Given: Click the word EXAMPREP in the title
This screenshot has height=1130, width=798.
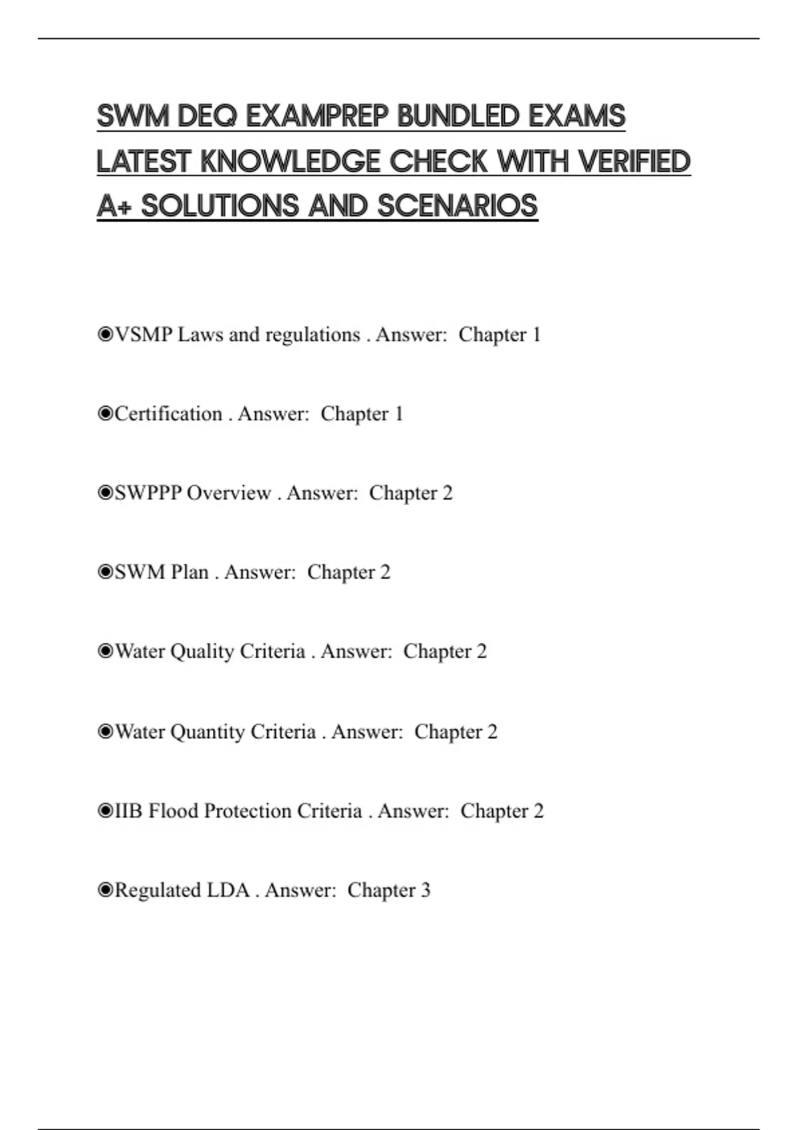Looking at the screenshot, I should point(317,116).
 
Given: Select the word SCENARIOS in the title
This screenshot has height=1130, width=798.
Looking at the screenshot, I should point(458,206).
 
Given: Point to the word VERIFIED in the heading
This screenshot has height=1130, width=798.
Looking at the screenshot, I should point(634,162).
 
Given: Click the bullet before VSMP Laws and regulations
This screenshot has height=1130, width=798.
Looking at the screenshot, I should point(106,334).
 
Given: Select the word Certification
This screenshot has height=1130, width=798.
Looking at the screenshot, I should point(168,413).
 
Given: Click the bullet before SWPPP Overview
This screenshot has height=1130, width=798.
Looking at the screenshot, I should point(106,493).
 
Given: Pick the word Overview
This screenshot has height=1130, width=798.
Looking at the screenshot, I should point(229,493).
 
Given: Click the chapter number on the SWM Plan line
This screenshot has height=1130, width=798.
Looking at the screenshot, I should point(385,572).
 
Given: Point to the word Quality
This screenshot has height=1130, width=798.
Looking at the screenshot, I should point(202,651).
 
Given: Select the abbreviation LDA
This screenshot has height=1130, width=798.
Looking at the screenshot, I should point(228,890).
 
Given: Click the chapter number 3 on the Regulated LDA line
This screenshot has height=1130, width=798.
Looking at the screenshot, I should point(426,890).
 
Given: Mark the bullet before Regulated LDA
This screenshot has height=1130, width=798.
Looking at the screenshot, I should point(106,890).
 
